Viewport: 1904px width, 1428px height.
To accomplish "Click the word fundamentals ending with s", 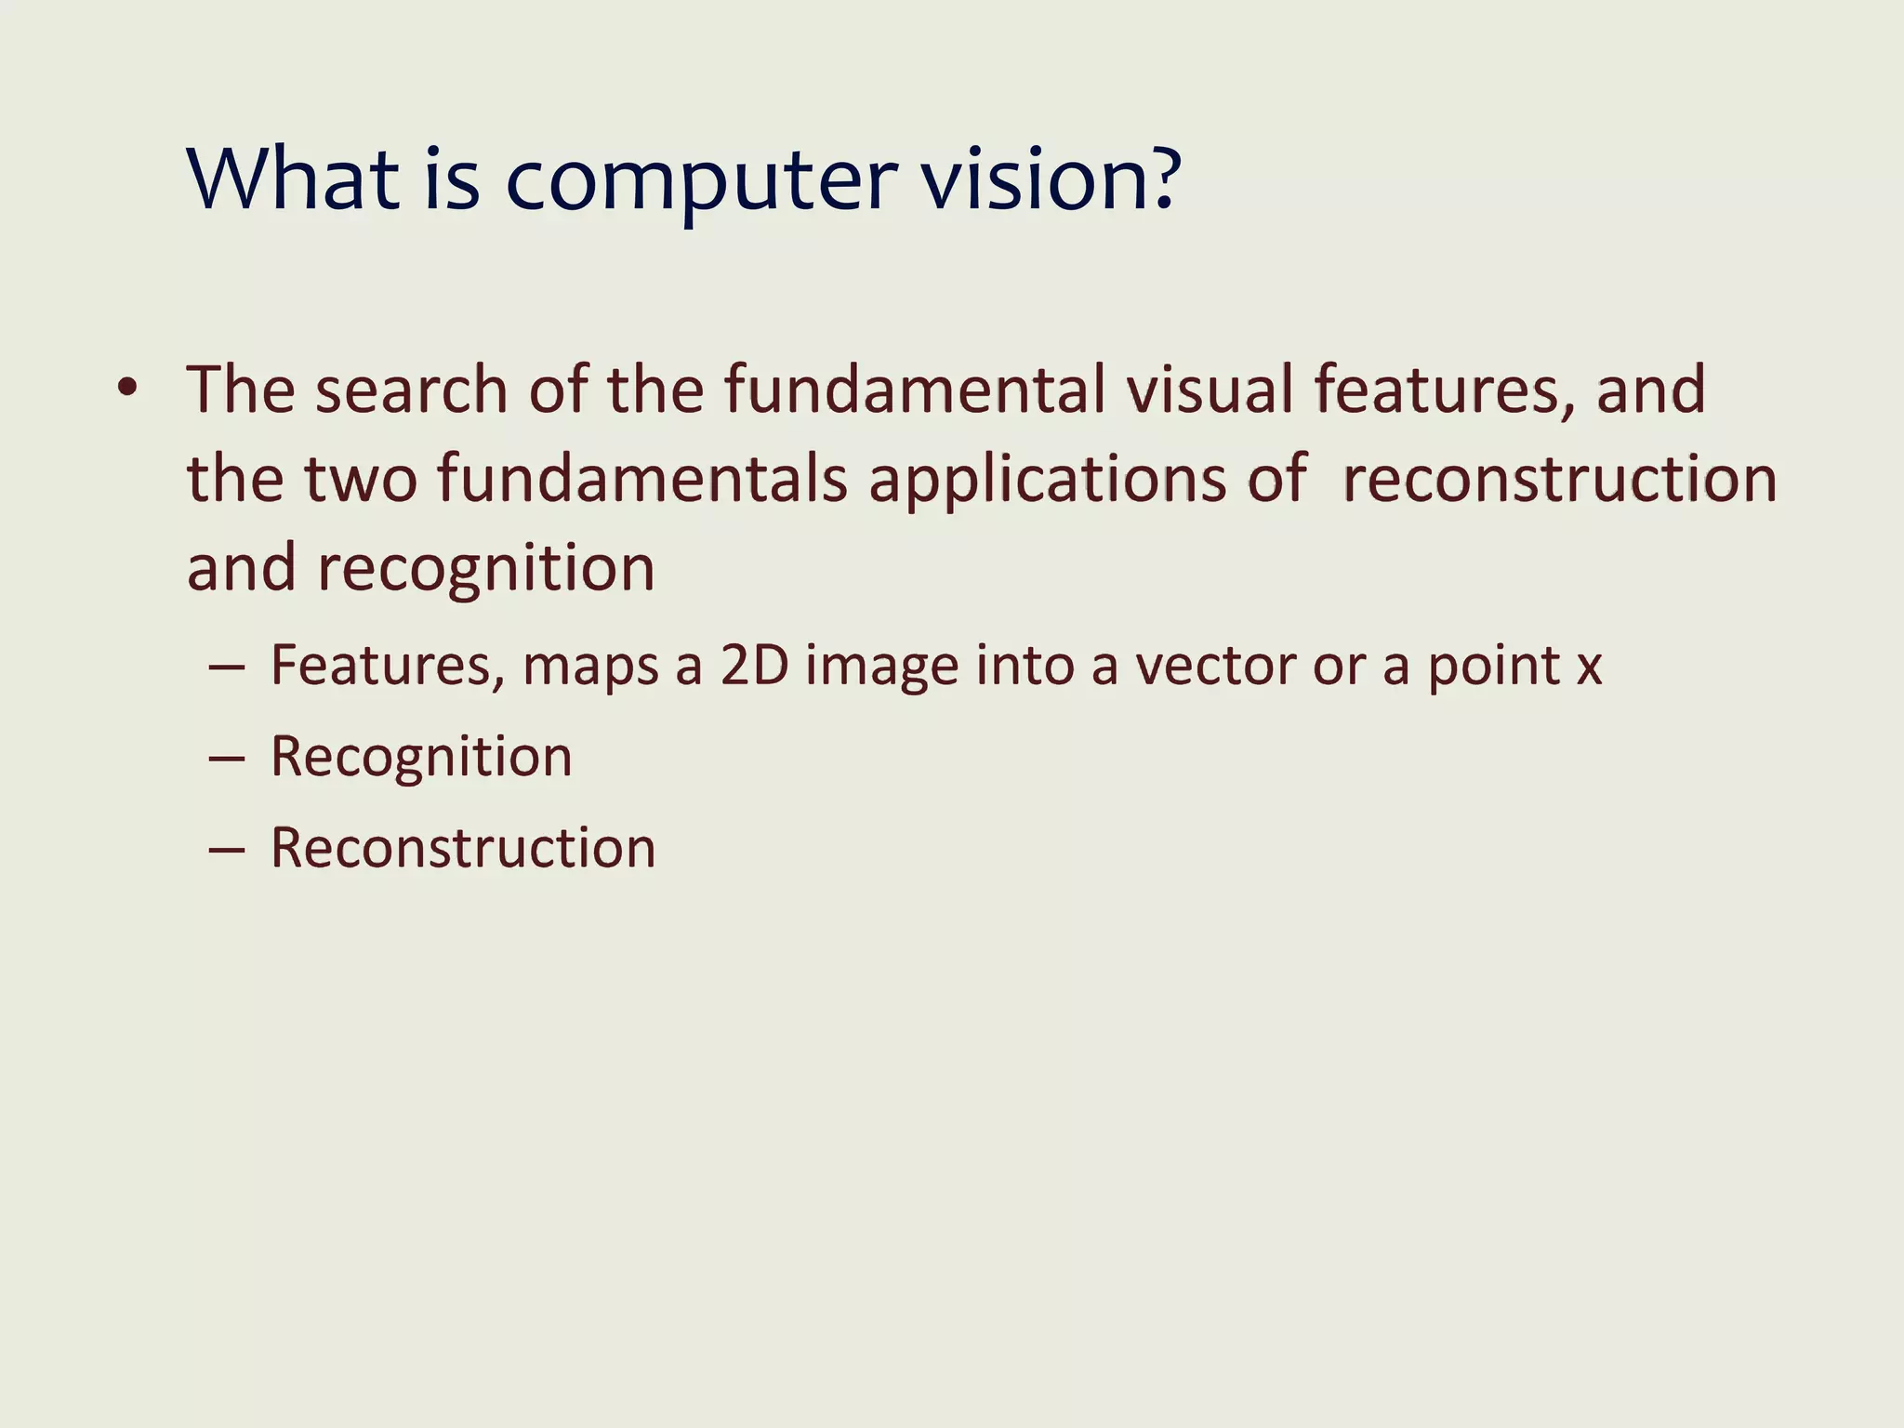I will click(x=642, y=479).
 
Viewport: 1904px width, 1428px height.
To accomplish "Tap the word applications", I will click(x=1047, y=481).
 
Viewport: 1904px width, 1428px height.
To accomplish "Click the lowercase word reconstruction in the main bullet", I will click(x=1559, y=479).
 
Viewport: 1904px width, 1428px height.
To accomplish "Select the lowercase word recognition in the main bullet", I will click(x=486, y=569).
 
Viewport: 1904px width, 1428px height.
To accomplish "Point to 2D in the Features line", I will click(x=754, y=666).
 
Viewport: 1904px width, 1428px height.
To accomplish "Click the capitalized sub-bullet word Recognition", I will click(x=421, y=757).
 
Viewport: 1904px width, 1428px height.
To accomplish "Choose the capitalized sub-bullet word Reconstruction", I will click(x=463, y=848).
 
